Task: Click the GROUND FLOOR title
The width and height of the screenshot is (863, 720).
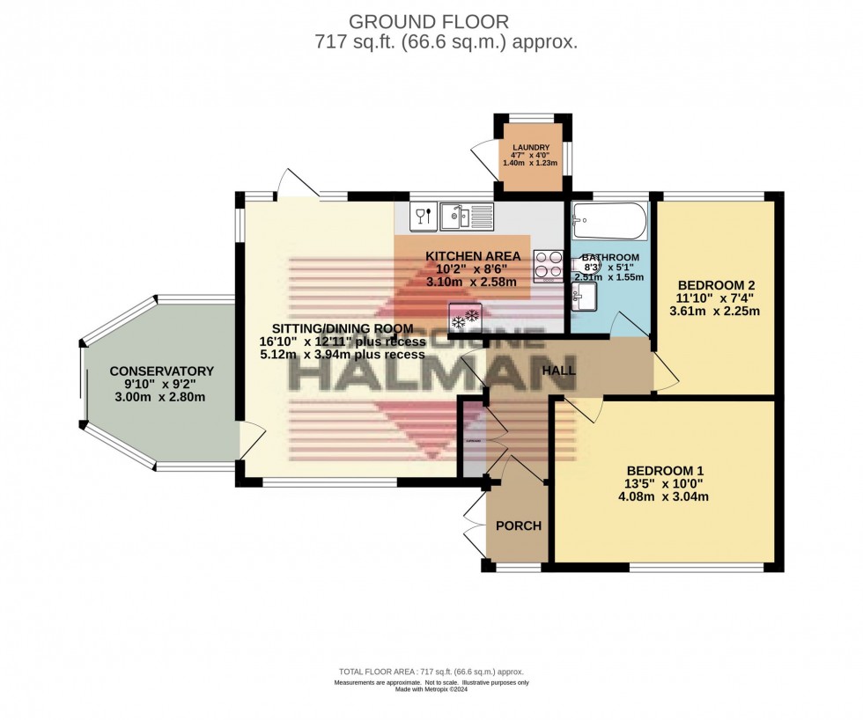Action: point(429,21)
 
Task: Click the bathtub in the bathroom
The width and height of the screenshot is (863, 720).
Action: point(609,222)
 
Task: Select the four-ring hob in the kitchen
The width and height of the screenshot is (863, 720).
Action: point(547,265)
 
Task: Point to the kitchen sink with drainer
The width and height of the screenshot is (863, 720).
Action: point(467,214)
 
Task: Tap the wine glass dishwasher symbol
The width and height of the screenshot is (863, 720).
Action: point(422,214)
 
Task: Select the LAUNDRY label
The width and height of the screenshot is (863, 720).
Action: point(531,148)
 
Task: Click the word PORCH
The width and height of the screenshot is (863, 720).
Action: point(518,525)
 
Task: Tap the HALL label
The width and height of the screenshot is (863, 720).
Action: point(558,371)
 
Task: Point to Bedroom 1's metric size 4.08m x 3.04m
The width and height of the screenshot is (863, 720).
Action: point(664,496)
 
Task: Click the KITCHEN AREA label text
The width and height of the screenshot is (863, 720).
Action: point(473,256)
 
